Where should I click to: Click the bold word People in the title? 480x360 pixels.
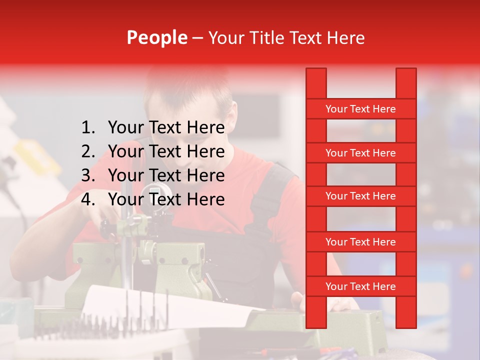pyautogui.click(x=156, y=37)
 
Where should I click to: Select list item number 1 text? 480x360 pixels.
pyautogui.click(x=166, y=128)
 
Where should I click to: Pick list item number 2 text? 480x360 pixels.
pyautogui.click(x=166, y=151)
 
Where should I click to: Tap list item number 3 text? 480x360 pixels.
pyautogui.click(x=166, y=175)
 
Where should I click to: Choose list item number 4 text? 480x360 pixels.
pyautogui.click(x=166, y=199)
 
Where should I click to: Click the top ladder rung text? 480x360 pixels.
pyautogui.click(x=360, y=109)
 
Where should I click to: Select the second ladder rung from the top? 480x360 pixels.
pyautogui.click(x=360, y=153)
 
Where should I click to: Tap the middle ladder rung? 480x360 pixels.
pyautogui.click(x=360, y=196)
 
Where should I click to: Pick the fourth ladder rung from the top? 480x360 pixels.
pyautogui.click(x=360, y=242)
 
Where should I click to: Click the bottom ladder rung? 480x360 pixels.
pyautogui.click(x=360, y=286)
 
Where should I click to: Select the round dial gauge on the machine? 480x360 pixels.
pyautogui.click(x=155, y=193)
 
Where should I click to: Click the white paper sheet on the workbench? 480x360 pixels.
pyautogui.click(x=165, y=305)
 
